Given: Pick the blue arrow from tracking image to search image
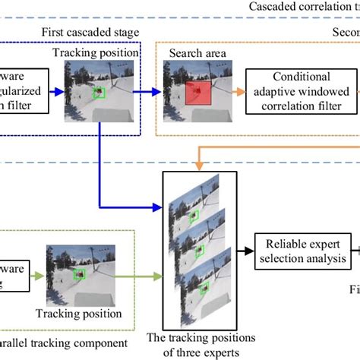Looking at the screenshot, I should point(153,92).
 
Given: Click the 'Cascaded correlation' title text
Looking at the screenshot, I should point(304,6).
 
